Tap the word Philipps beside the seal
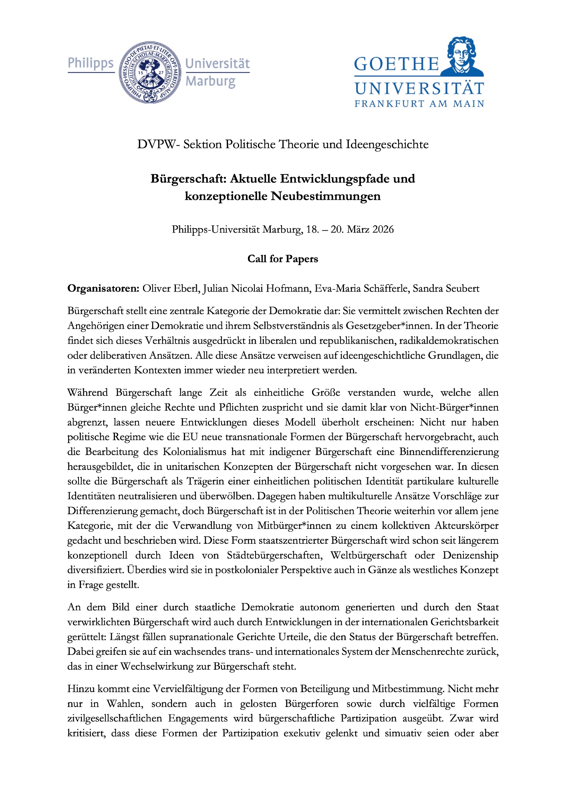pyautogui.click(x=91, y=64)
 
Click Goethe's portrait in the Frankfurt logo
pyautogui.click(x=462, y=56)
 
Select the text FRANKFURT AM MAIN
pyautogui.click(x=419, y=104)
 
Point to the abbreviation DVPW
pyautogui.click(x=156, y=144)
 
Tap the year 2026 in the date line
pyautogui.click(x=383, y=230)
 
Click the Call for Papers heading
pyautogui.click(x=283, y=259)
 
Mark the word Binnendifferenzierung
pyautogui.click(x=449, y=452)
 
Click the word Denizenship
pyautogui.click(x=470, y=555)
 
